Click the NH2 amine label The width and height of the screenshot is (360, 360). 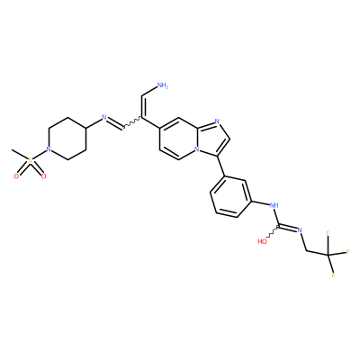[x=163, y=85]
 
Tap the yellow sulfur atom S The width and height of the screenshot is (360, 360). [x=30, y=160]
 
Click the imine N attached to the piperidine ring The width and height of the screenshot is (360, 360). [x=104, y=117]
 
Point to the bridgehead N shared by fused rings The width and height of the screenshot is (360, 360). [x=196, y=148]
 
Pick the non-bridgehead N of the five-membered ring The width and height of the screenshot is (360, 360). [x=217, y=121]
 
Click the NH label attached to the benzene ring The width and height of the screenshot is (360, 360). [x=274, y=205]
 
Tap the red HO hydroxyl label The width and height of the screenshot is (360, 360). [x=262, y=241]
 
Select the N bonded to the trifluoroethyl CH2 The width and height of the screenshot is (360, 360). [x=299, y=230]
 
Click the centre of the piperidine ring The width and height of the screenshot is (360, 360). [x=67, y=139]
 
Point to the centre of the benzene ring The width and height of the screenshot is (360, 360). [x=230, y=197]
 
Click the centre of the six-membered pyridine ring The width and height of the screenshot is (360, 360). [x=178, y=139]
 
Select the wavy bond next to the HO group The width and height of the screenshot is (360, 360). [x=273, y=232]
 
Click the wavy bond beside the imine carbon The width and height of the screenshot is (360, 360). [x=132, y=124]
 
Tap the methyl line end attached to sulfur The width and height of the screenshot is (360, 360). [x=12, y=149]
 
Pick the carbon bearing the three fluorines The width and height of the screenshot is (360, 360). [x=328, y=255]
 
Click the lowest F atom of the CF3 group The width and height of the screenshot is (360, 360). [x=333, y=274]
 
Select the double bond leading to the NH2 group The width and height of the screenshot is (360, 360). [x=142, y=107]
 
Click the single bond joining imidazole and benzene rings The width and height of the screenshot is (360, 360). [x=222, y=166]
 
